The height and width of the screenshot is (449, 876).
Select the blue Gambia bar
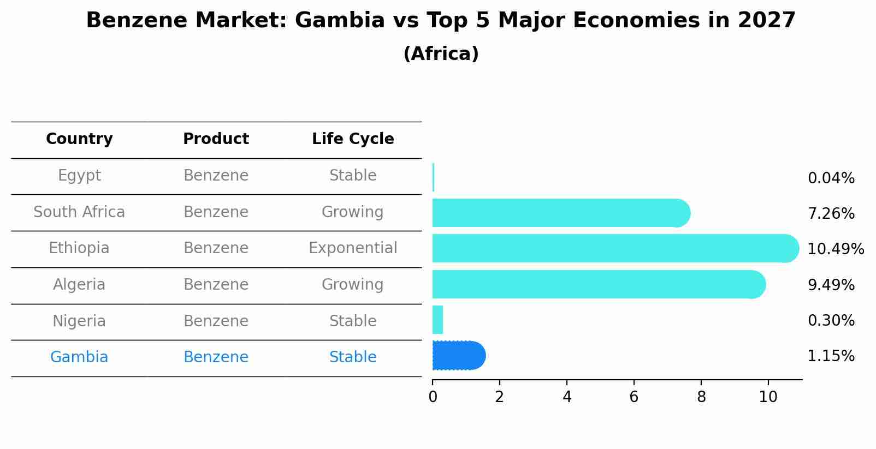[x=458, y=356]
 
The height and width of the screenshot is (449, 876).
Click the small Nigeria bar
[x=437, y=320]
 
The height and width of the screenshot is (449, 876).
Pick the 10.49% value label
[x=835, y=249]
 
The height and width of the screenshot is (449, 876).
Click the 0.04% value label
[x=831, y=178]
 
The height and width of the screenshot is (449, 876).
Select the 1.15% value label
[x=831, y=356]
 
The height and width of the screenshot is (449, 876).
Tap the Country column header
[x=79, y=139]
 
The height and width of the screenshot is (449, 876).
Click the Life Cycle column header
[x=353, y=139]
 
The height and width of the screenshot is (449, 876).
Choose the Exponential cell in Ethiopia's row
[x=353, y=248]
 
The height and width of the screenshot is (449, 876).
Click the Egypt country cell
[x=79, y=176]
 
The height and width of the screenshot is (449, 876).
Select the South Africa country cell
[x=79, y=212]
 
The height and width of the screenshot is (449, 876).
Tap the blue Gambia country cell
[x=79, y=357]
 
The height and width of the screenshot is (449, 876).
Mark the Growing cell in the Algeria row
[x=353, y=285]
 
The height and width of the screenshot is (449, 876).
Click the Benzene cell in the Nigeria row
[x=216, y=321]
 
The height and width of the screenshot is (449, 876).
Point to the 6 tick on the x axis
[x=634, y=397]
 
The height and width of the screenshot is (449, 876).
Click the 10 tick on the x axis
[x=768, y=397]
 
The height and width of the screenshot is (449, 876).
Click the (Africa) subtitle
[x=441, y=54]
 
